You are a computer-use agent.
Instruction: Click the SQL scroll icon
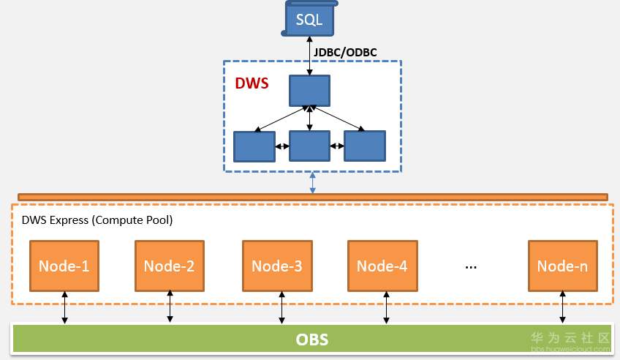310,18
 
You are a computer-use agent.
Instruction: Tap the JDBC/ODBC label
345,52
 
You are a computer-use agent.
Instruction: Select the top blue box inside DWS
310,90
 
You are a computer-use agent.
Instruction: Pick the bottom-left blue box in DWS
254,146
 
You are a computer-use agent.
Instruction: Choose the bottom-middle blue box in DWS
310,146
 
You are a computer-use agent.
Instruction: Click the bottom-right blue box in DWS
365,146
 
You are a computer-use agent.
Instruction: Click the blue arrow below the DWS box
313,183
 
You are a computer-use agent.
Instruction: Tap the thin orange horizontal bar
312,197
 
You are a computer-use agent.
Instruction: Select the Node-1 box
64,265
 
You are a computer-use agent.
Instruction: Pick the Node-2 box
169,265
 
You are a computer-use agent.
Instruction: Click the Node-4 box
382,265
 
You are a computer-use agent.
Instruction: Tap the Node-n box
562,265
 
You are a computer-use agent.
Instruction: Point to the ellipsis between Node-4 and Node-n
471,266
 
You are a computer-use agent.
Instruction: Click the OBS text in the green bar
311,340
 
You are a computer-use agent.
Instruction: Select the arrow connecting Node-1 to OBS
64,307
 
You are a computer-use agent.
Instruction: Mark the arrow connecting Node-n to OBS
562,307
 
